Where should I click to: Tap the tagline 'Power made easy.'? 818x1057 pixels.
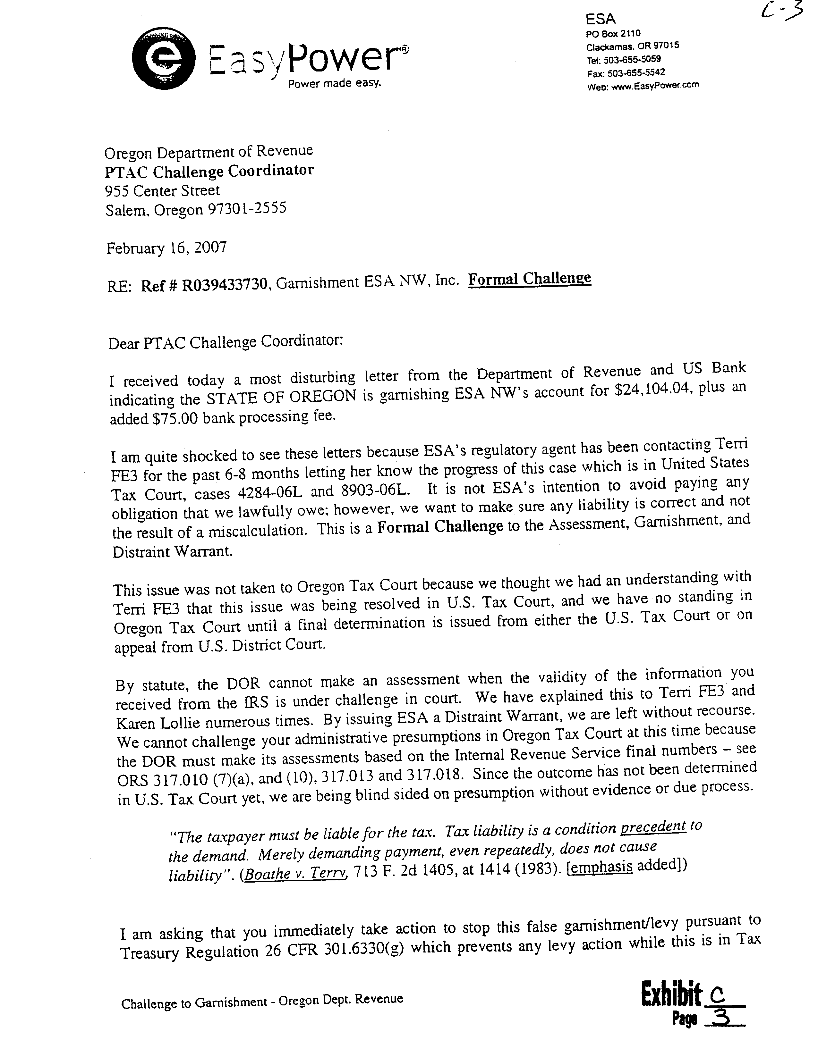335,84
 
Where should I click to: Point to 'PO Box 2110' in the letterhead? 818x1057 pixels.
613,33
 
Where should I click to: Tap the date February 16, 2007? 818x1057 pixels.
166,248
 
